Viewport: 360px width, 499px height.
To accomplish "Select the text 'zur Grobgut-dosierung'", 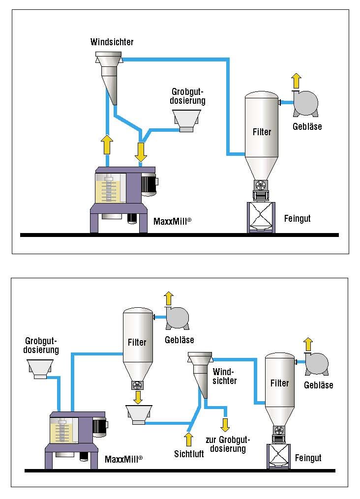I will [225, 444].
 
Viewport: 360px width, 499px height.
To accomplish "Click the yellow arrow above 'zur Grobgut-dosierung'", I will [225, 424].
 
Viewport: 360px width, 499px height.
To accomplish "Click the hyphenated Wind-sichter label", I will [225, 376].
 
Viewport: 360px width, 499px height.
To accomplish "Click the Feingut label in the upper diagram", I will [298, 218].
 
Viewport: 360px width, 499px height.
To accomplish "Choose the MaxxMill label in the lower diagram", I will [123, 459].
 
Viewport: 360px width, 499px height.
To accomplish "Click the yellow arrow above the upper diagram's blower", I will [296, 80].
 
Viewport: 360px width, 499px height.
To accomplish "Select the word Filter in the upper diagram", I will [262, 132].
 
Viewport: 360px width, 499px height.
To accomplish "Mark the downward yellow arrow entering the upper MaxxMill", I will [141, 151].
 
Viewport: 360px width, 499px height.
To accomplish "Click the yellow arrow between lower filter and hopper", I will [138, 396].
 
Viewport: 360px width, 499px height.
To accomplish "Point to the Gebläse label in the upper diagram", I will [307, 126].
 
